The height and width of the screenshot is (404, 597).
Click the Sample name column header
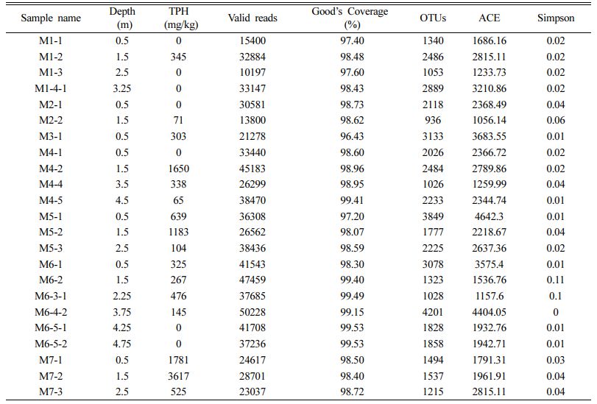[51, 18]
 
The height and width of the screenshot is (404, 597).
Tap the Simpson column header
[556, 18]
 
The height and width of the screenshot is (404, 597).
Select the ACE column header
[490, 18]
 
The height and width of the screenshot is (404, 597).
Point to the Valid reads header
[252, 18]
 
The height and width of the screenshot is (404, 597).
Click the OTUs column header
[433, 18]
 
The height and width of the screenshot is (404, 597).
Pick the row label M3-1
[51, 136]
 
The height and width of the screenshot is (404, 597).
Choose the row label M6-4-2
[51, 312]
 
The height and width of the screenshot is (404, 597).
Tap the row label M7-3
[51, 391]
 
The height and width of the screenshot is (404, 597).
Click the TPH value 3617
[179, 376]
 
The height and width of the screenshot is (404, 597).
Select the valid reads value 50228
[252, 312]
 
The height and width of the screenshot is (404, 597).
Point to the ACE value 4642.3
[490, 216]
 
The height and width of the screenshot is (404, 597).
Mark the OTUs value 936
[433, 121]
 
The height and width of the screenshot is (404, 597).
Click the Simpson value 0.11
[556, 280]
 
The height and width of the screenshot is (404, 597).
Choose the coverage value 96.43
[352, 136]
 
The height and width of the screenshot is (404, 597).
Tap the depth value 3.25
[122, 88]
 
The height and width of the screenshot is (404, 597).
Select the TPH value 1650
[179, 169]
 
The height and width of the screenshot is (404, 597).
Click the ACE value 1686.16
[490, 40]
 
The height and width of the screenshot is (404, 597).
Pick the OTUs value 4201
[433, 312]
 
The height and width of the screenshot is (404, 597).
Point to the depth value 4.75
[122, 344]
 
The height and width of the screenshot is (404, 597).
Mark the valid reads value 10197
[252, 72]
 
